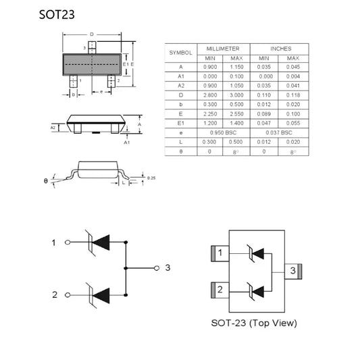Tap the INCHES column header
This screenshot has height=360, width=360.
coord(279,49)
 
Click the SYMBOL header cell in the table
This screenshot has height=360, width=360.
coord(180,53)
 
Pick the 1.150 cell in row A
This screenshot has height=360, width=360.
coord(236,68)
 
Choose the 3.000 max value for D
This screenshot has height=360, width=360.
coord(236,96)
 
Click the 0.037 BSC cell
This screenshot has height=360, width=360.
coord(279,133)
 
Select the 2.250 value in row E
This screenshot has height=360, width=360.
coord(210,114)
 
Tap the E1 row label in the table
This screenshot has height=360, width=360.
coord(180,124)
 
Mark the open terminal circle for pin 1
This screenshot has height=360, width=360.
coord(66,242)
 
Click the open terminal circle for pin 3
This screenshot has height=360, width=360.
coord(157,268)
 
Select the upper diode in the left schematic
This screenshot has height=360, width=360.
coord(99,242)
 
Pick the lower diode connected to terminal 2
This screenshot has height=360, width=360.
coord(99,294)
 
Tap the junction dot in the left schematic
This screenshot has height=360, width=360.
coord(126,268)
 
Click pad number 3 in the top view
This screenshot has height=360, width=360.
coord(292,271)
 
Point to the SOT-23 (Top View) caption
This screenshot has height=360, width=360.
coord(253,323)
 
